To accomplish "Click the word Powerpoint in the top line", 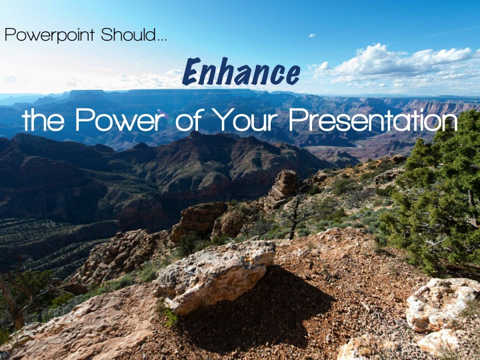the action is click(49, 35).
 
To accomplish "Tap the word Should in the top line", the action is click(128, 34).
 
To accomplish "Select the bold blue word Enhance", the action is click(241, 71).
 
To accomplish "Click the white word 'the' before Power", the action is click(43, 120).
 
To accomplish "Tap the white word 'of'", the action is click(187, 120).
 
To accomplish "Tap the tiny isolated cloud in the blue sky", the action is click(312, 35).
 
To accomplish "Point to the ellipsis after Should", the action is click(161, 39).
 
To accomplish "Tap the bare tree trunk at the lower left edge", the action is click(12, 303).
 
